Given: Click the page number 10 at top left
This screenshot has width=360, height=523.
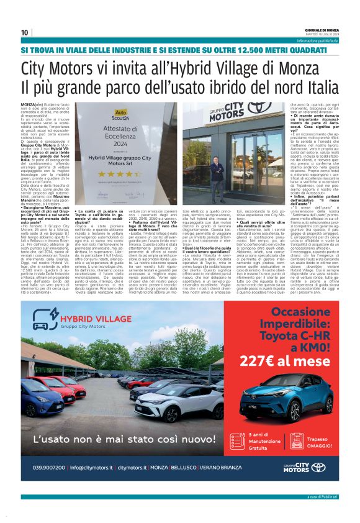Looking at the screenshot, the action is (24, 32).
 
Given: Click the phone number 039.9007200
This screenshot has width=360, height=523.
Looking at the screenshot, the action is (50, 466).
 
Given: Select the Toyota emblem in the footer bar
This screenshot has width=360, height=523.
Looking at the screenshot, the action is (318, 466).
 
